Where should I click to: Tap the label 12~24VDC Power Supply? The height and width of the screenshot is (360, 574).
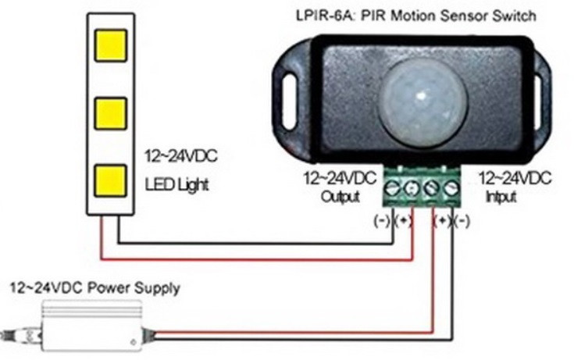coord(94,288)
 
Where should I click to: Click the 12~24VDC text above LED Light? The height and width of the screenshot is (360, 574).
coord(180,157)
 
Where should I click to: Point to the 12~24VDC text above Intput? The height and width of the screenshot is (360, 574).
coord(515,179)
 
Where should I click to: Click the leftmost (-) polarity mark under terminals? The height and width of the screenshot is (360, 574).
coord(384,221)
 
